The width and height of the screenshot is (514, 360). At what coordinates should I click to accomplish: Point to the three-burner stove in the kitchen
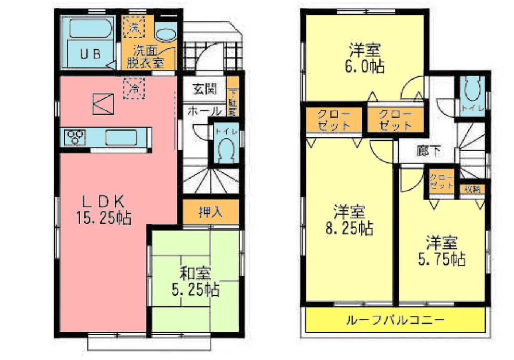[x=76, y=137]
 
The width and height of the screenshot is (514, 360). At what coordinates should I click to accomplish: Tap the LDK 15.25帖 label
[x=104, y=210]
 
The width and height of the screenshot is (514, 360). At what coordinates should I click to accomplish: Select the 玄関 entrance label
[x=204, y=89]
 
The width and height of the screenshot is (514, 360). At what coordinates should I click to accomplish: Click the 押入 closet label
[x=211, y=212]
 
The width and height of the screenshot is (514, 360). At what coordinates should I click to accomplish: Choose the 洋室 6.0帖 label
[x=365, y=59]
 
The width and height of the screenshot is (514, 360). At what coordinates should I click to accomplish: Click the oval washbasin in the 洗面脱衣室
[x=164, y=35]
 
